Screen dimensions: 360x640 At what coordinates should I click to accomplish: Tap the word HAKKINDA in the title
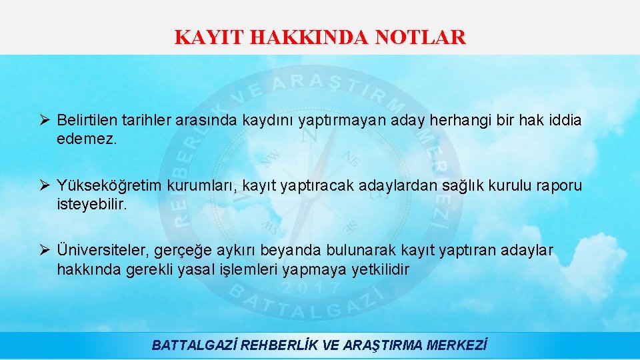point(310,37)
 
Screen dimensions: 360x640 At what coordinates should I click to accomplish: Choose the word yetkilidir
point(381,270)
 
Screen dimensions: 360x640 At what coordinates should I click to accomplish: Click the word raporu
point(559,185)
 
